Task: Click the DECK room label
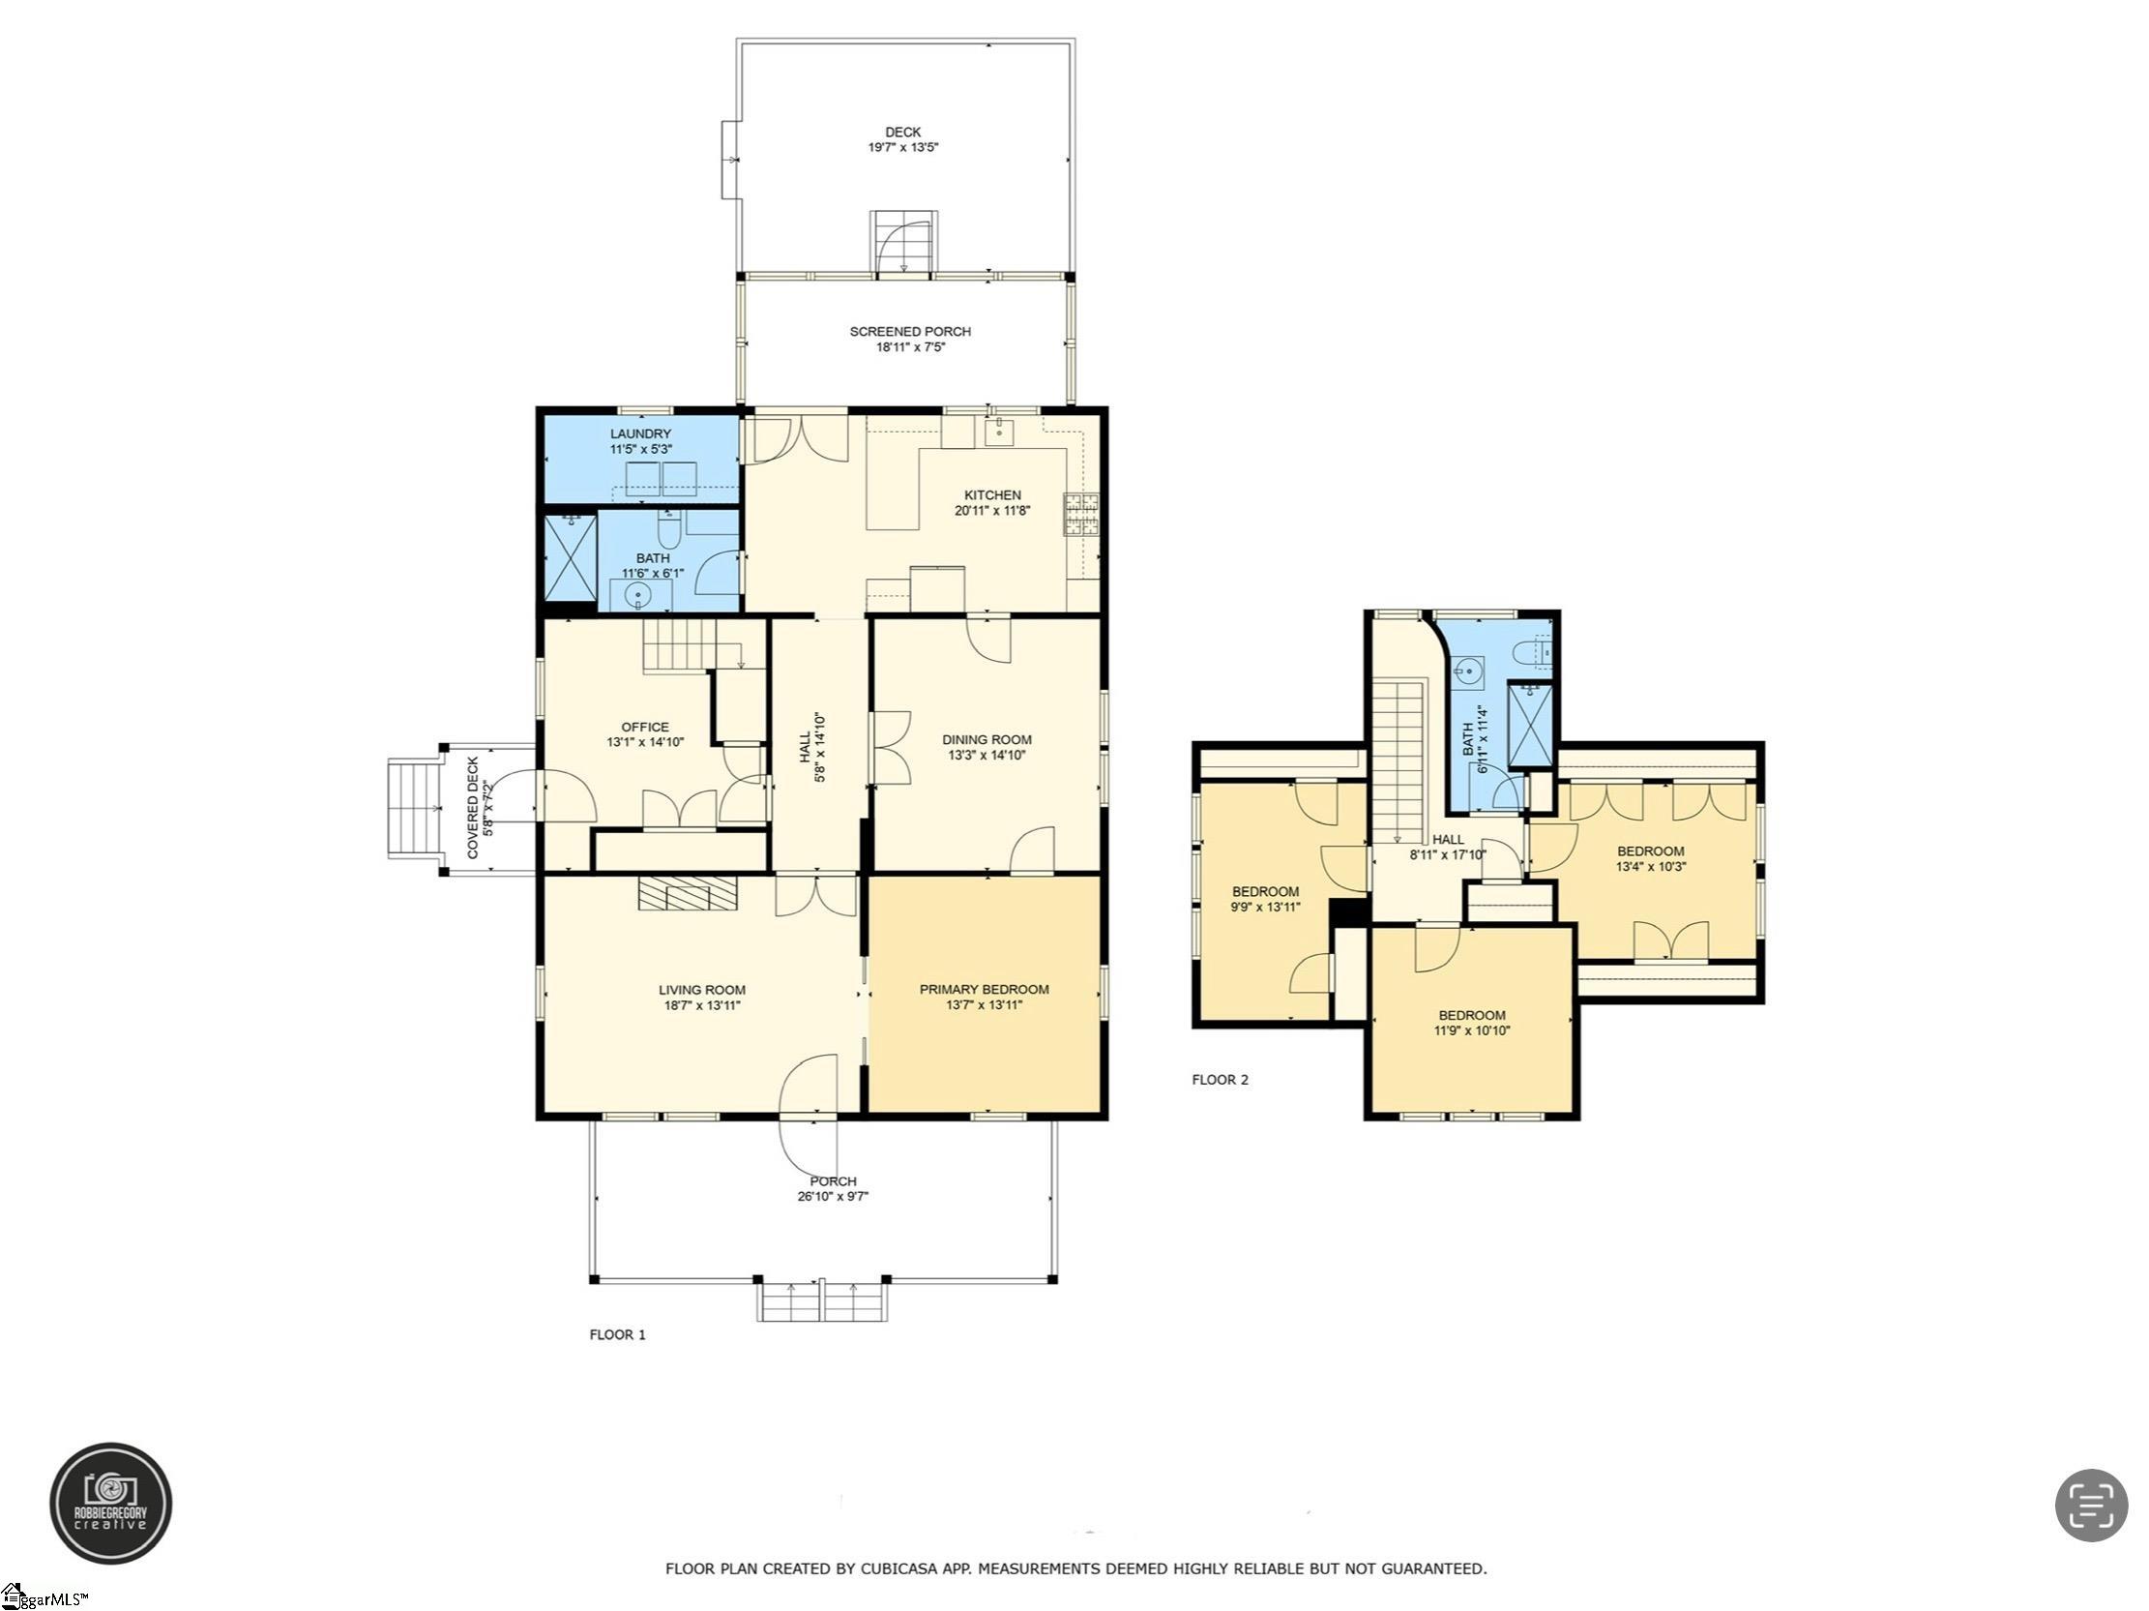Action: pyautogui.click(x=902, y=133)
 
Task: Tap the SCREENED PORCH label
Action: pyautogui.click(x=910, y=331)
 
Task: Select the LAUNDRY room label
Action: pyautogui.click(x=640, y=433)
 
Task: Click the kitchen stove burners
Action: pyautogui.click(x=1082, y=515)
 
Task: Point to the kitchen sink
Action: pyautogui.click(x=1000, y=430)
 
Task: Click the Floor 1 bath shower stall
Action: pyautogui.click(x=571, y=558)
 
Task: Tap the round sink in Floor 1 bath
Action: pyautogui.click(x=638, y=595)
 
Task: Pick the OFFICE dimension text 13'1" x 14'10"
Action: pyautogui.click(x=645, y=742)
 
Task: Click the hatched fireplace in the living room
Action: pyautogui.click(x=688, y=893)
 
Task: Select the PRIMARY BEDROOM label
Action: pyautogui.click(x=985, y=989)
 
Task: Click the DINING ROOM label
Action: pyautogui.click(x=987, y=739)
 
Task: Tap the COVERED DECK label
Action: pyautogui.click(x=473, y=808)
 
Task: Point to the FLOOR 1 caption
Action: pyautogui.click(x=618, y=1334)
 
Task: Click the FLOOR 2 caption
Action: pyautogui.click(x=1221, y=1080)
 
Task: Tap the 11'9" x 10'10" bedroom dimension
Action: pyautogui.click(x=1473, y=1029)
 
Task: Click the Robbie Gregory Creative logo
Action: pyautogui.click(x=111, y=1504)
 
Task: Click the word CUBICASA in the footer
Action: pyautogui.click(x=901, y=1568)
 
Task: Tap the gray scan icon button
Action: pyautogui.click(x=2092, y=1506)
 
